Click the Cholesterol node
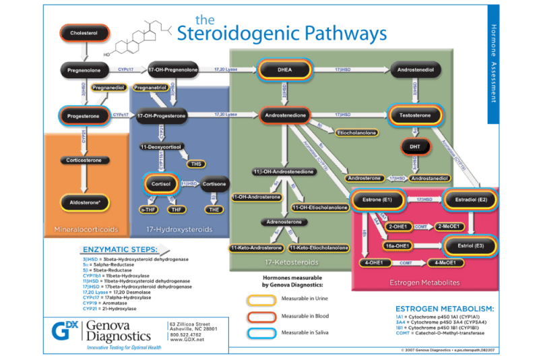[x=84, y=33]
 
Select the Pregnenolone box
[x=84, y=69]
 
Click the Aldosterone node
[x=85, y=201]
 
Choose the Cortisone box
[x=215, y=183]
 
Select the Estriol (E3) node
[x=471, y=245]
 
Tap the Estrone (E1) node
[x=377, y=200]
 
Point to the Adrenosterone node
[x=284, y=221]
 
